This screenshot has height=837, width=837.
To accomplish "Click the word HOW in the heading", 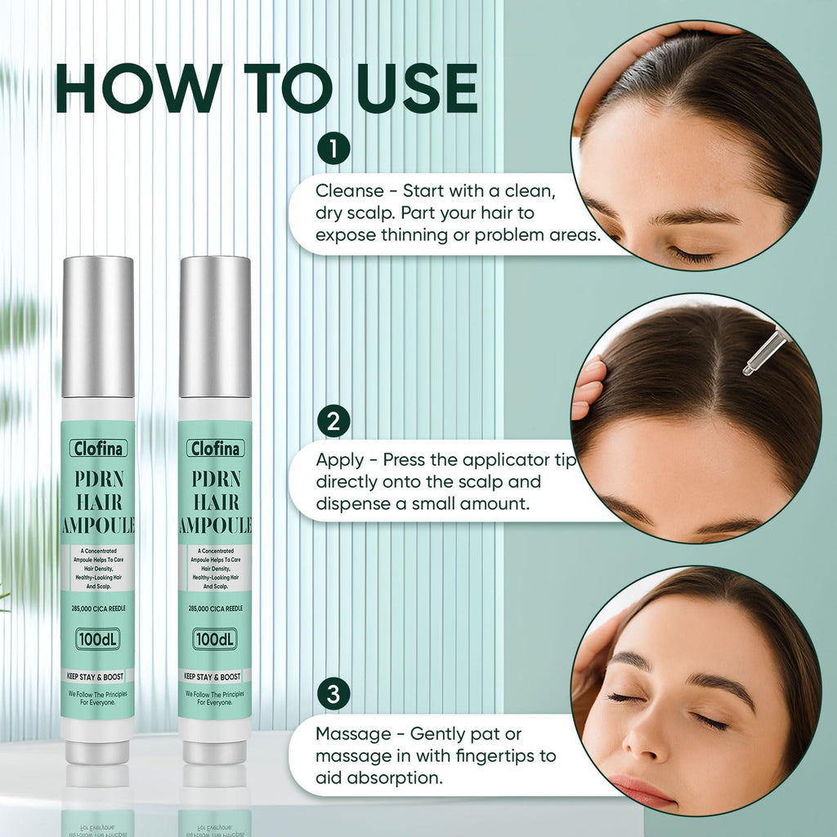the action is point(138,88).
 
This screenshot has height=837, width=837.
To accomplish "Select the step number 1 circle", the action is point(333,149).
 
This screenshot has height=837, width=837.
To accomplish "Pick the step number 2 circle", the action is point(333,421).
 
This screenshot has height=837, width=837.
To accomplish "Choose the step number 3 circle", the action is point(333,695).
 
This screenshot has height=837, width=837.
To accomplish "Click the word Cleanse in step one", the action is point(350,190).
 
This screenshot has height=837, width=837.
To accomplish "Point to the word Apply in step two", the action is point(339,461).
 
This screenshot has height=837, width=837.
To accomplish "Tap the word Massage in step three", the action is point(353,735).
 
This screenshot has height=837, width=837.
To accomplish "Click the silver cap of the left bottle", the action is point(98,327).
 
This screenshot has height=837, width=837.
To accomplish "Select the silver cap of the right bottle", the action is point(215,327).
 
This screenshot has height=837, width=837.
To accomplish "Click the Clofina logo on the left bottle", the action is point(98,448).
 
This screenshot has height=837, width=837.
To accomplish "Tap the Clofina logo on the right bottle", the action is point(216,448).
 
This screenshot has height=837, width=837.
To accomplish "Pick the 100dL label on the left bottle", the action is point(98,639).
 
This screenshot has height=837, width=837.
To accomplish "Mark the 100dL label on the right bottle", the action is point(215,639).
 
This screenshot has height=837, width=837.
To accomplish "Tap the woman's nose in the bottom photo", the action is point(643,734).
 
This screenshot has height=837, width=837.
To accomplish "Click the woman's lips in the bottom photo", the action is point(642,791).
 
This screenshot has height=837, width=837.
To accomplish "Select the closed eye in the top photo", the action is point(692,256).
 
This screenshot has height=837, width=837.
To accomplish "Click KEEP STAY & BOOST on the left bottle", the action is point(95,676).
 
